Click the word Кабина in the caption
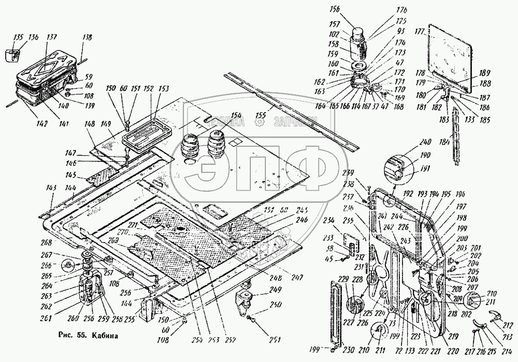pos(105,334)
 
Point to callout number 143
pos(52,188)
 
